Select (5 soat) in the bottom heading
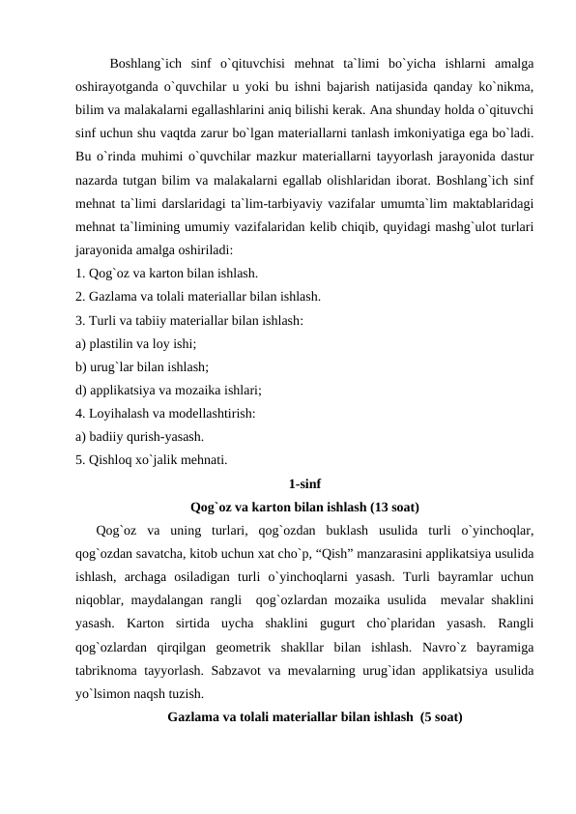tap(436, 717)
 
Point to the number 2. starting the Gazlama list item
tap(80, 295)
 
